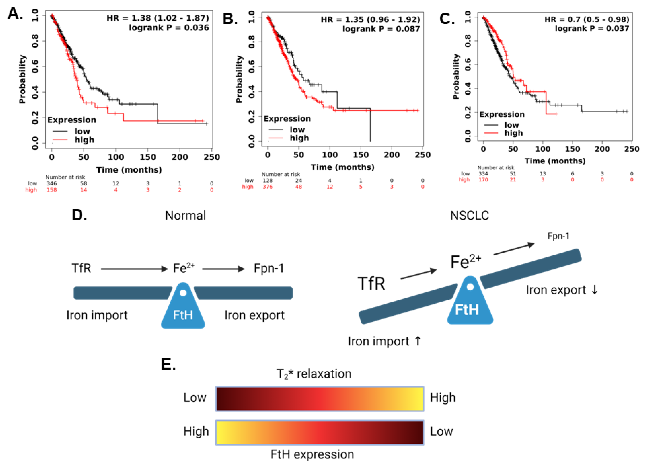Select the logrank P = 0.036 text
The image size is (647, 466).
click(x=169, y=28)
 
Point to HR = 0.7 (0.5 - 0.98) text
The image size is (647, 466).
click(x=587, y=19)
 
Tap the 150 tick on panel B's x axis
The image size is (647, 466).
click(x=361, y=155)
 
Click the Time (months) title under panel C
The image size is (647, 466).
click(x=555, y=161)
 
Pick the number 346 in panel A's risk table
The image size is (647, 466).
click(x=52, y=183)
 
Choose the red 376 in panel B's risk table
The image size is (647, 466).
click(x=268, y=187)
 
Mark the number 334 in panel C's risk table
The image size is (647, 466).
click(x=483, y=174)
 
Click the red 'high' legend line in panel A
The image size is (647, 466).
click(x=60, y=140)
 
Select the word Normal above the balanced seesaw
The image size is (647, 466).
click(x=185, y=216)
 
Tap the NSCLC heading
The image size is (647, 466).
click(x=469, y=216)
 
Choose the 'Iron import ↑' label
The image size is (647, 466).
click(x=384, y=341)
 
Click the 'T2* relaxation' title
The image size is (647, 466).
click(x=314, y=374)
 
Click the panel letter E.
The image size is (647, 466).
click(x=168, y=364)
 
